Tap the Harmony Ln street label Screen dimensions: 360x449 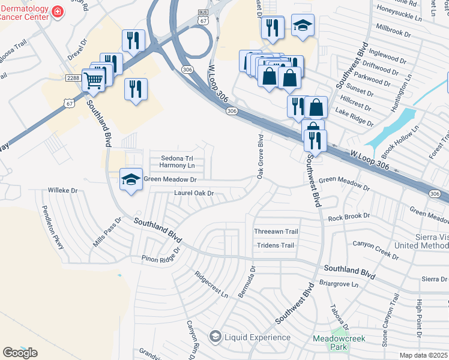click(178, 165)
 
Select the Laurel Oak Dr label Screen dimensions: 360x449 click(194, 193)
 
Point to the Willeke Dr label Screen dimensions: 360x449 click(63, 191)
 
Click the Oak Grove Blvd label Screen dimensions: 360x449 click(261, 157)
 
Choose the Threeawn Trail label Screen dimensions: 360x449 click(276, 232)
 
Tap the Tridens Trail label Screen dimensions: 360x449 click(276, 245)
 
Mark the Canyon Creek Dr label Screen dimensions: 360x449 click(375, 251)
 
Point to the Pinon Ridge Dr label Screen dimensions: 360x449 click(161, 255)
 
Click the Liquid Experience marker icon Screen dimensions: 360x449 click(215, 337)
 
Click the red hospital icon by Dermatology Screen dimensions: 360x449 click(57, 12)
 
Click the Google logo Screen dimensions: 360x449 click(20, 353)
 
